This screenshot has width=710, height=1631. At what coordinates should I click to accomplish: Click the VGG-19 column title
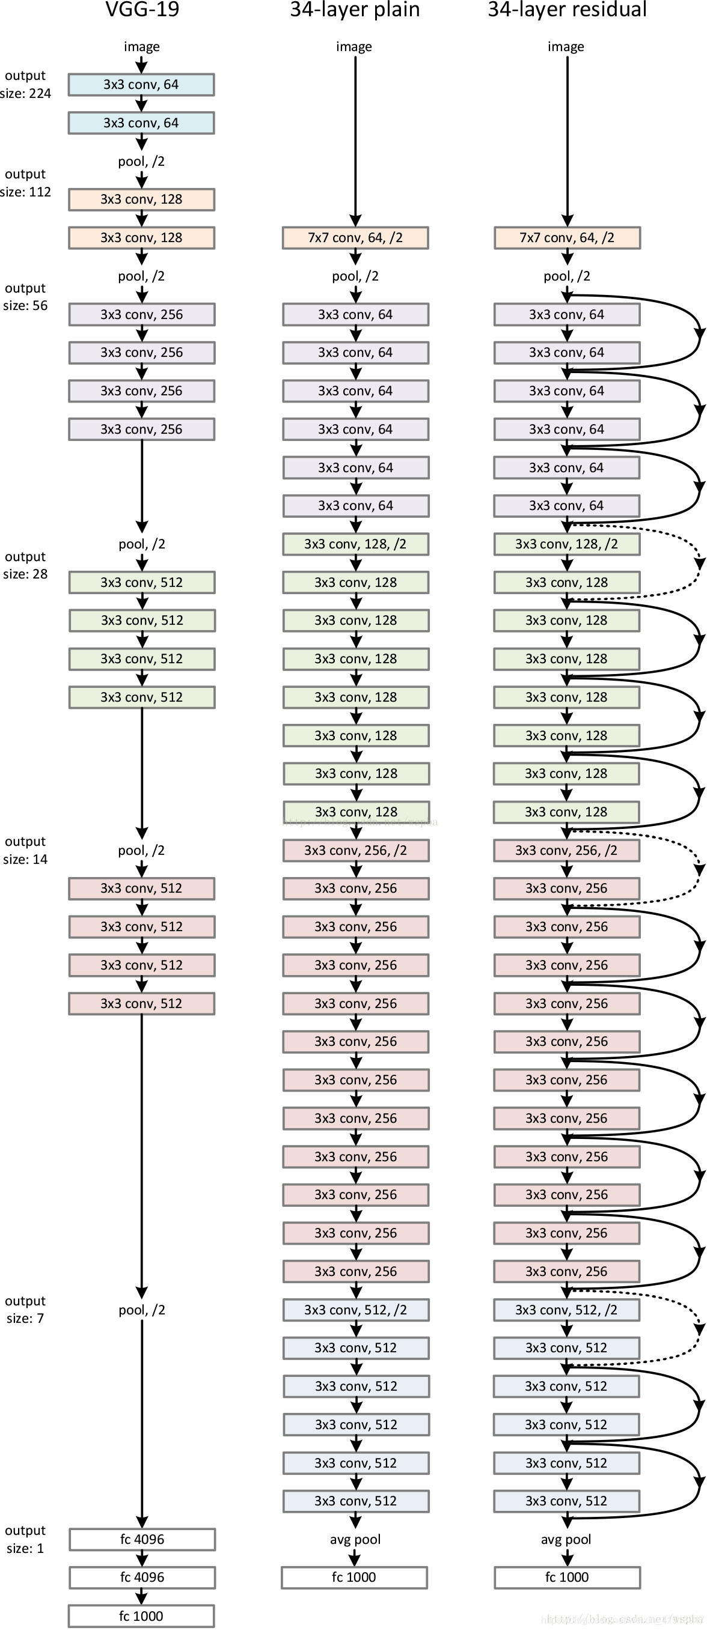point(142,10)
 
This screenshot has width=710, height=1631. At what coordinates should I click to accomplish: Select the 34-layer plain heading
point(355,10)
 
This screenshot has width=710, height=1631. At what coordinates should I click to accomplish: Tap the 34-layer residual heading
point(567,10)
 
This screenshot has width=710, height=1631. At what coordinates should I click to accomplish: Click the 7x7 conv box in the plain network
point(355,238)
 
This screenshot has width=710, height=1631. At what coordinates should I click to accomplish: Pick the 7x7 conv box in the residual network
point(567,238)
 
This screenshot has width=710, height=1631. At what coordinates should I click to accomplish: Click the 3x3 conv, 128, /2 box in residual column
point(567,544)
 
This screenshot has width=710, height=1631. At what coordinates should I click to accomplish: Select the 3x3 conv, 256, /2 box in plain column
point(355,850)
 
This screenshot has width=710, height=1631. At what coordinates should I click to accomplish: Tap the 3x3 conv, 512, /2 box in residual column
point(567,1310)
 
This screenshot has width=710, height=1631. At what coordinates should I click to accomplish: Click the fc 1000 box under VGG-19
point(141,1616)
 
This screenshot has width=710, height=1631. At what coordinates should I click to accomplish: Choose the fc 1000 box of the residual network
point(567,1577)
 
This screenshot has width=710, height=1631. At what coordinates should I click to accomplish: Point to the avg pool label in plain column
point(355,1539)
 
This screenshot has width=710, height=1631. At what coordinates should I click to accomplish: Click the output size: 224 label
point(25,85)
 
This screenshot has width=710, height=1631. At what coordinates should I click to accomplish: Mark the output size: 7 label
point(25,1310)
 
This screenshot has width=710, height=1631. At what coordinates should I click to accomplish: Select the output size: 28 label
point(25,565)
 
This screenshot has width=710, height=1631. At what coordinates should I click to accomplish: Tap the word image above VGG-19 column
point(142,47)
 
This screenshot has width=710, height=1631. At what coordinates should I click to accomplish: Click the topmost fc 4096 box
point(142,1539)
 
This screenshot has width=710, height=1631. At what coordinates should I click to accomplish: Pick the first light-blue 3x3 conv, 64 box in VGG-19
point(141,85)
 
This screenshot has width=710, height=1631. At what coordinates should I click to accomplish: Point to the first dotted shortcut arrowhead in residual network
point(699,562)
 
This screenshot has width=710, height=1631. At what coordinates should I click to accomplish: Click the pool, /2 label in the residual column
point(567,276)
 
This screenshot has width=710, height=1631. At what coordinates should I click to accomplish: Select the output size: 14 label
point(25,850)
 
